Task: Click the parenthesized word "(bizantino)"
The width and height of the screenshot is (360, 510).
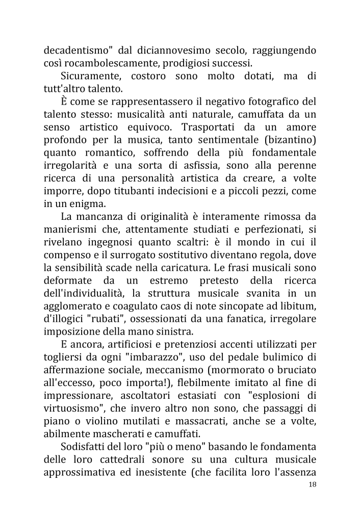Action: pyautogui.click(x=286, y=139)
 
